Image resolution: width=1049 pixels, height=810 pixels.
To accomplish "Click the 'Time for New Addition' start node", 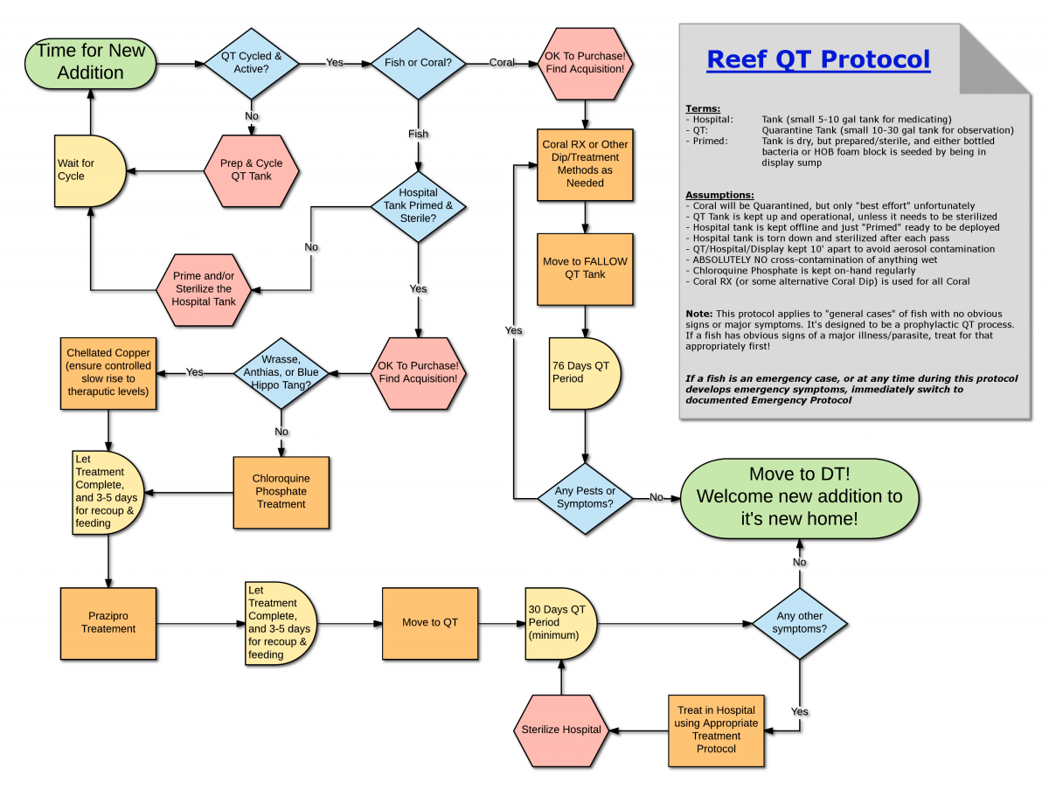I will click(x=90, y=62).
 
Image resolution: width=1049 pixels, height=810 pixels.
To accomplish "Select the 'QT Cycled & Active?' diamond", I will click(x=251, y=63).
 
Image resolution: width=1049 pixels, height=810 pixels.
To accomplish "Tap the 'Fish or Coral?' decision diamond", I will click(x=418, y=63).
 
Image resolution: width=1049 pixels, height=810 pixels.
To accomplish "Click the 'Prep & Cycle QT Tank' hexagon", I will click(x=252, y=170).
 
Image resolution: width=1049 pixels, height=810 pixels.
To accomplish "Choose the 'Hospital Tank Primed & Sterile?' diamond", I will click(x=418, y=206).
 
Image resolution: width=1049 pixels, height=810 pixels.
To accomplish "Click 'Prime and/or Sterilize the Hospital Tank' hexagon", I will click(x=204, y=289).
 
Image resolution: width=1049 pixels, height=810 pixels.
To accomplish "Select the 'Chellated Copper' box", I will click(x=108, y=372).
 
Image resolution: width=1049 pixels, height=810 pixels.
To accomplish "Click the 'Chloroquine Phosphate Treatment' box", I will click(x=281, y=492).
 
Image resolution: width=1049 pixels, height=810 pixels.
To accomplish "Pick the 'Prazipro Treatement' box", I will click(x=108, y=622).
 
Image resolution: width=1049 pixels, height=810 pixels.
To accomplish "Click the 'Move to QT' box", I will click(x=429, y=622).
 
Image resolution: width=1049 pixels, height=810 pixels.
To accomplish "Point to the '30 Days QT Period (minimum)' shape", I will click(x=560, y=622).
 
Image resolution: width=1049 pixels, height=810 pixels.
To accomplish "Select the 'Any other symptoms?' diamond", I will click(x=800, y=622).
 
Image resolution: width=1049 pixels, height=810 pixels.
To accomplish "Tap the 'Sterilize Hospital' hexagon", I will click(x=560, y=730).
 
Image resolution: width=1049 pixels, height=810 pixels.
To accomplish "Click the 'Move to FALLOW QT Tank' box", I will click(x=585, y=268).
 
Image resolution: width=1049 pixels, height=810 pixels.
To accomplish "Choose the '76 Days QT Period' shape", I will click(x=584, y=372).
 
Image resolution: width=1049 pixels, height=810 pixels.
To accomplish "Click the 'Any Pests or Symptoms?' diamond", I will click(x=585, y=497).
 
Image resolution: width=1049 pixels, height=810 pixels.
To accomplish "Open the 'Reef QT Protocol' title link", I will click(x=818, y=59).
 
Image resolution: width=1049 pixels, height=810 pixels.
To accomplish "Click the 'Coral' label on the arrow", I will click(x=502, y=63).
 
